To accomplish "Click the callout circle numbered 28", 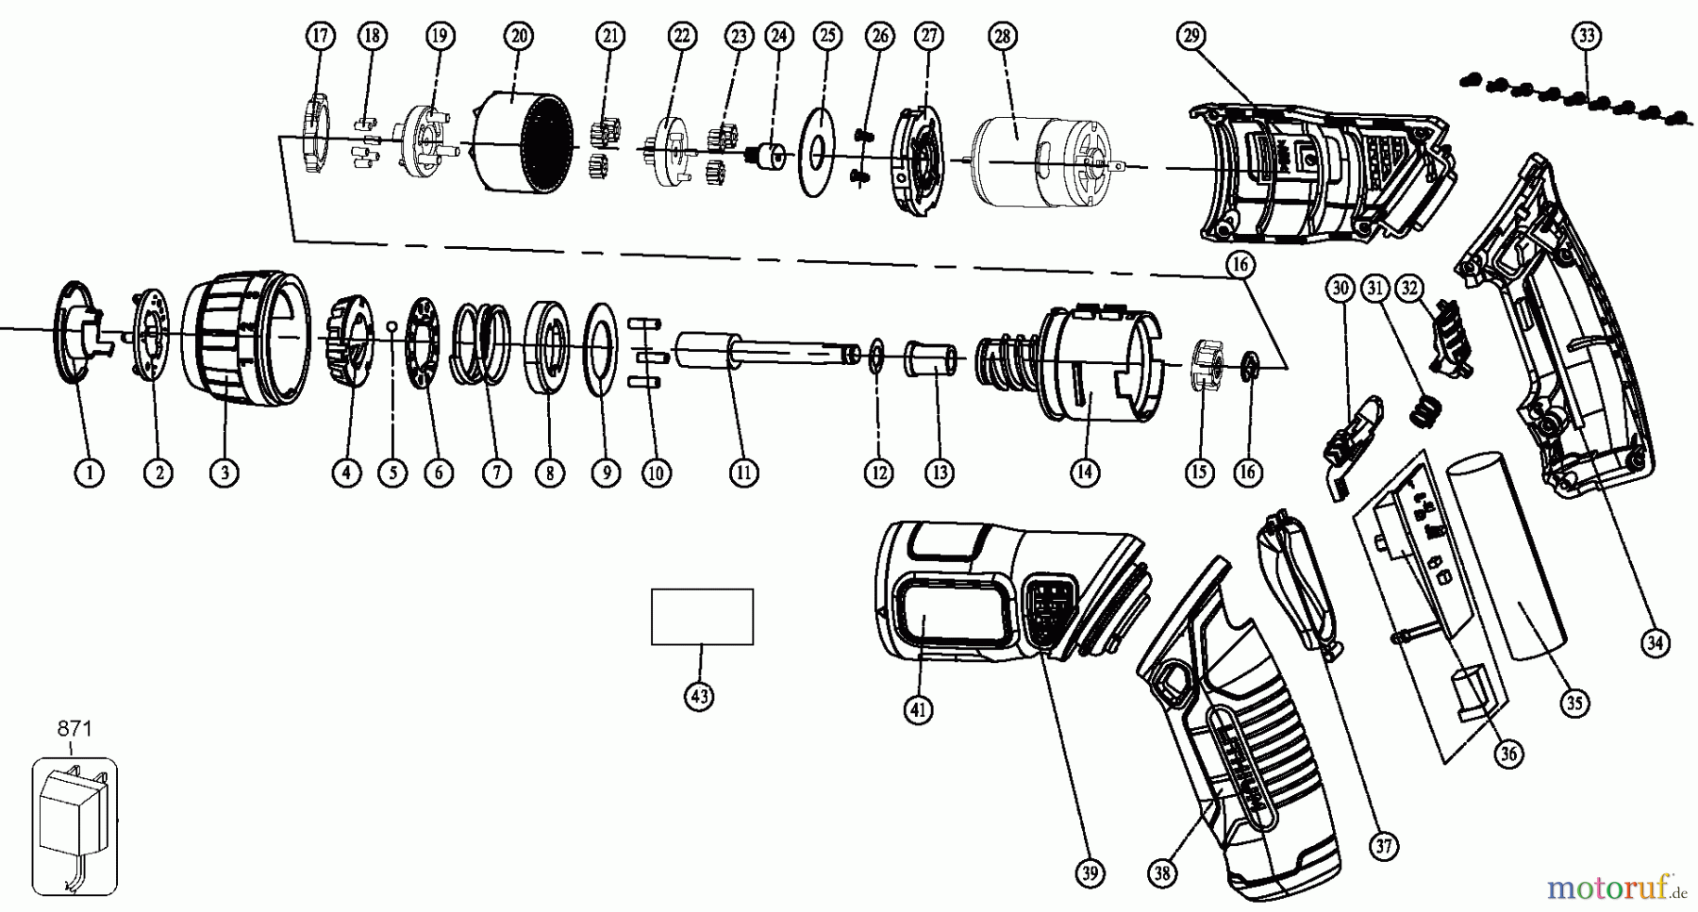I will point(1001,36).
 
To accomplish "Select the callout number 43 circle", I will point(699,697).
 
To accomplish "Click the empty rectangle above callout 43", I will point(702,617).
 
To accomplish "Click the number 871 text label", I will point(75,729).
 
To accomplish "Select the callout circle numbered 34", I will point(1656,643).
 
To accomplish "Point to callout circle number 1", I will point(90,473).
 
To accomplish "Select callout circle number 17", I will point(321,36).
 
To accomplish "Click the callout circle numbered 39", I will point(1090,873).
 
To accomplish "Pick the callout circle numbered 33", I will point(1587,36).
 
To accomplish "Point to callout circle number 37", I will point(1384,846).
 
